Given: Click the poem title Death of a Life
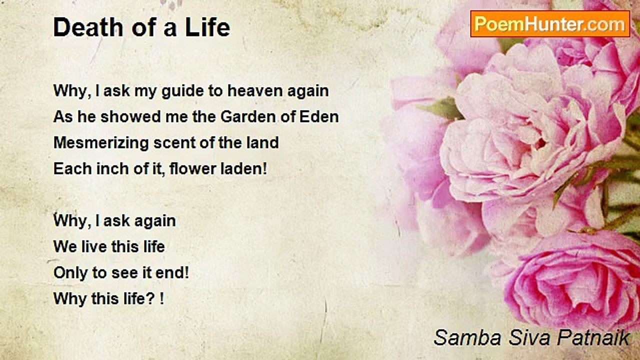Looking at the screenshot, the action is (x=141, y=27).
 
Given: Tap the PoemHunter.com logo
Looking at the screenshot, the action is (x=550, y=24).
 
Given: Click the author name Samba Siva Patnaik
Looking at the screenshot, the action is (x=531, y=337).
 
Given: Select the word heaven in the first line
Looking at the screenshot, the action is (x=255, y=91).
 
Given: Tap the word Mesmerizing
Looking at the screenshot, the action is (x=101, y=143).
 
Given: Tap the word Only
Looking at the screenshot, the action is (x=70, y=273).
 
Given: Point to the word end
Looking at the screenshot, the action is (x=172, y=272).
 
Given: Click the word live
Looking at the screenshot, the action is (x=93, y=247).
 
